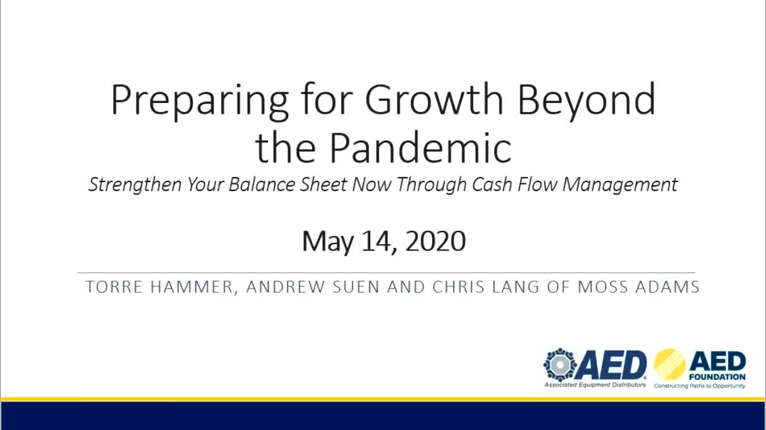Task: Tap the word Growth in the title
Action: point(434,99)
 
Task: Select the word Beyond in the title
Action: point(587,101)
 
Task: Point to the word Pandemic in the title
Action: point(420,147)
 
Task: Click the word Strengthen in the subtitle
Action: point(135,185)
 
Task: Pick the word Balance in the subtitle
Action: point(262,185)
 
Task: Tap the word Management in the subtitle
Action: point(619,185)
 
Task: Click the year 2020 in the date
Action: point(435,241)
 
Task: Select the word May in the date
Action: point(327,242)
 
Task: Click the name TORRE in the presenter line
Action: point(114,286)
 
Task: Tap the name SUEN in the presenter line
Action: point(356,286)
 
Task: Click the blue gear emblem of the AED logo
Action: point(560,365)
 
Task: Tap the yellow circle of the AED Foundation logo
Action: point(669,365)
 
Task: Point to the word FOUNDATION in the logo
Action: point(717,377)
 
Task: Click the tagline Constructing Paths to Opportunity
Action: point(700,386)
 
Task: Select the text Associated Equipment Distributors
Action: point(595,385)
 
